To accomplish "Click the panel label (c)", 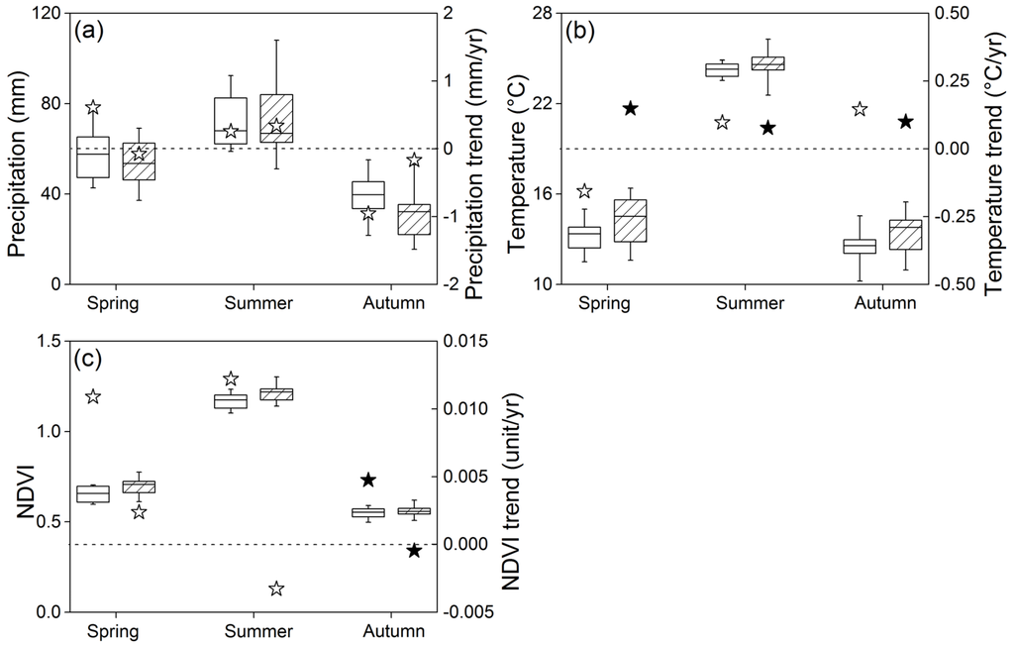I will [89, 359].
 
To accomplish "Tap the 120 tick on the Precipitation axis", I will [42, 13].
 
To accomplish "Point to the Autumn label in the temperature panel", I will [884, 303].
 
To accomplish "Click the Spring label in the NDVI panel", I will [112, 631].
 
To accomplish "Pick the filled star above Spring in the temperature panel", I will [630, 108].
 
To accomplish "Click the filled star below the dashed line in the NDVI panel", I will [414, 551].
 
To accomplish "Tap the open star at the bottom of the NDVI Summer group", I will [276, 589].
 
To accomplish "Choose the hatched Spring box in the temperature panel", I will [630, 220].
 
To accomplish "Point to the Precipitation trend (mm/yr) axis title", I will [482, 149].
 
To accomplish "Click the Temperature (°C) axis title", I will [518, 149].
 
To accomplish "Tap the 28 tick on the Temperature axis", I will [543, 13].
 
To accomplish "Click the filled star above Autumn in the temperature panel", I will [905, 121].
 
